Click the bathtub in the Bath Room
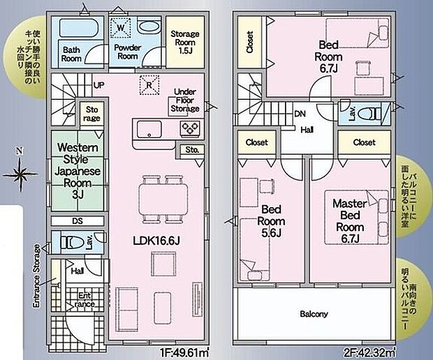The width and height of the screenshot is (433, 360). pos(78,28)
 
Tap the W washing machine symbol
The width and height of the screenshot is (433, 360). pos(120,28)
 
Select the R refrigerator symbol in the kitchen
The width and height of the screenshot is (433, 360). pos(149,85)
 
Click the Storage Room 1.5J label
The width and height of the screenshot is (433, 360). pos(185,42)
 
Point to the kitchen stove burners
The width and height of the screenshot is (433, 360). pos(190,128)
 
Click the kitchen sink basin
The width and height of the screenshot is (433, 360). pos(149,129)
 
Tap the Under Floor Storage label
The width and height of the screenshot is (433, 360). pos(185,100)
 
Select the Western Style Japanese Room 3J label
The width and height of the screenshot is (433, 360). pos(78,171)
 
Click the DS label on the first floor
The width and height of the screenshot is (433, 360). pos(78,221)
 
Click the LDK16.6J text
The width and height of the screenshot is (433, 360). pos(156,241)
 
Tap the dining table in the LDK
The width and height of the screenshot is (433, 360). pos(163,198)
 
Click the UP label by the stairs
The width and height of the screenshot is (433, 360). pos(99,85)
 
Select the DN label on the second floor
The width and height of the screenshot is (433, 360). pos(300,114)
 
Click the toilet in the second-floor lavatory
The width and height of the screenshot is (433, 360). pos(369,114)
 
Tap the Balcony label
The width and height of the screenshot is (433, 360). pos(314,314)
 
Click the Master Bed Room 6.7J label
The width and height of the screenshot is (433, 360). pos(350,221)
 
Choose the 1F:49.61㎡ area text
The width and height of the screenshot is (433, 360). pos(184,353)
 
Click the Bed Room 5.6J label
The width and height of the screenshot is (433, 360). pos(271,221)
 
